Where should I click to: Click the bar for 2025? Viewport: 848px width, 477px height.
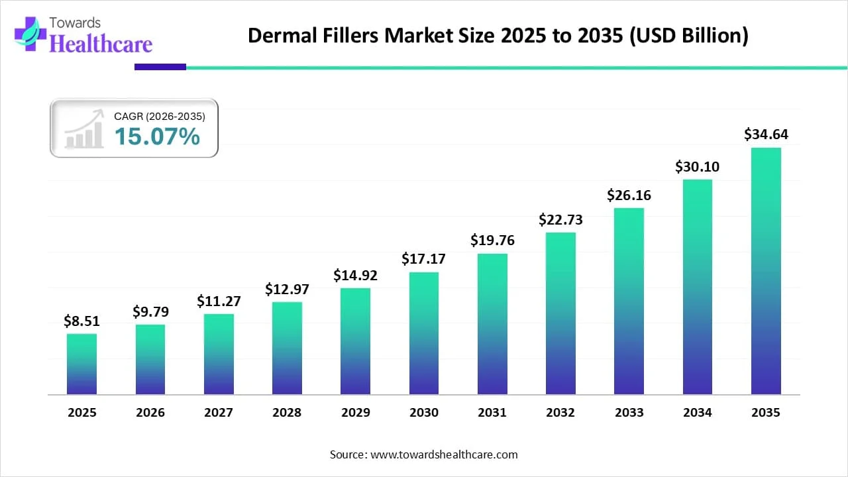click(x=81, y=364)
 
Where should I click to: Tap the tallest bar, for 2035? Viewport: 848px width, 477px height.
click(x=766, y=271)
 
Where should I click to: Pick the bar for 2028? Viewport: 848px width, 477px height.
click(x=287, y=348)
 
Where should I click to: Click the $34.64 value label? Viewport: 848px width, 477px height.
click(x=766, y=134)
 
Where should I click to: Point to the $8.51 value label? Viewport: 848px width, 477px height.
click(x=81, y=321)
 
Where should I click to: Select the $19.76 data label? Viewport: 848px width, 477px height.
click(x=492, y=240)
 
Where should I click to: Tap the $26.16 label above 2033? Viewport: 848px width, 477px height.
click(x=629, y=195)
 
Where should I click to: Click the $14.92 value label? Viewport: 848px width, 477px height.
click(x=355, y=274)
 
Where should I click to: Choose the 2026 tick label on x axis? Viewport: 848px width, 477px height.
click(x=150, y=412)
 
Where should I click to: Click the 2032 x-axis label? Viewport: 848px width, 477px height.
click(x=560, y=412)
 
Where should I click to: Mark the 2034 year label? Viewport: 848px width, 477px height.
click(x=698, y=412)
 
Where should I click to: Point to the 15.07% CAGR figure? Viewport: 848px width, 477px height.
click(x=157, y=136)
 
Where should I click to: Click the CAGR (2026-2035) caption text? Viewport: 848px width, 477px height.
click(x=160, y=116)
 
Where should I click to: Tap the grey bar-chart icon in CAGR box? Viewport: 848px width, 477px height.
click(x=83, y=130)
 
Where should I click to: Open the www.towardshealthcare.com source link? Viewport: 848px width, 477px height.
click(x=443, y=454)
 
